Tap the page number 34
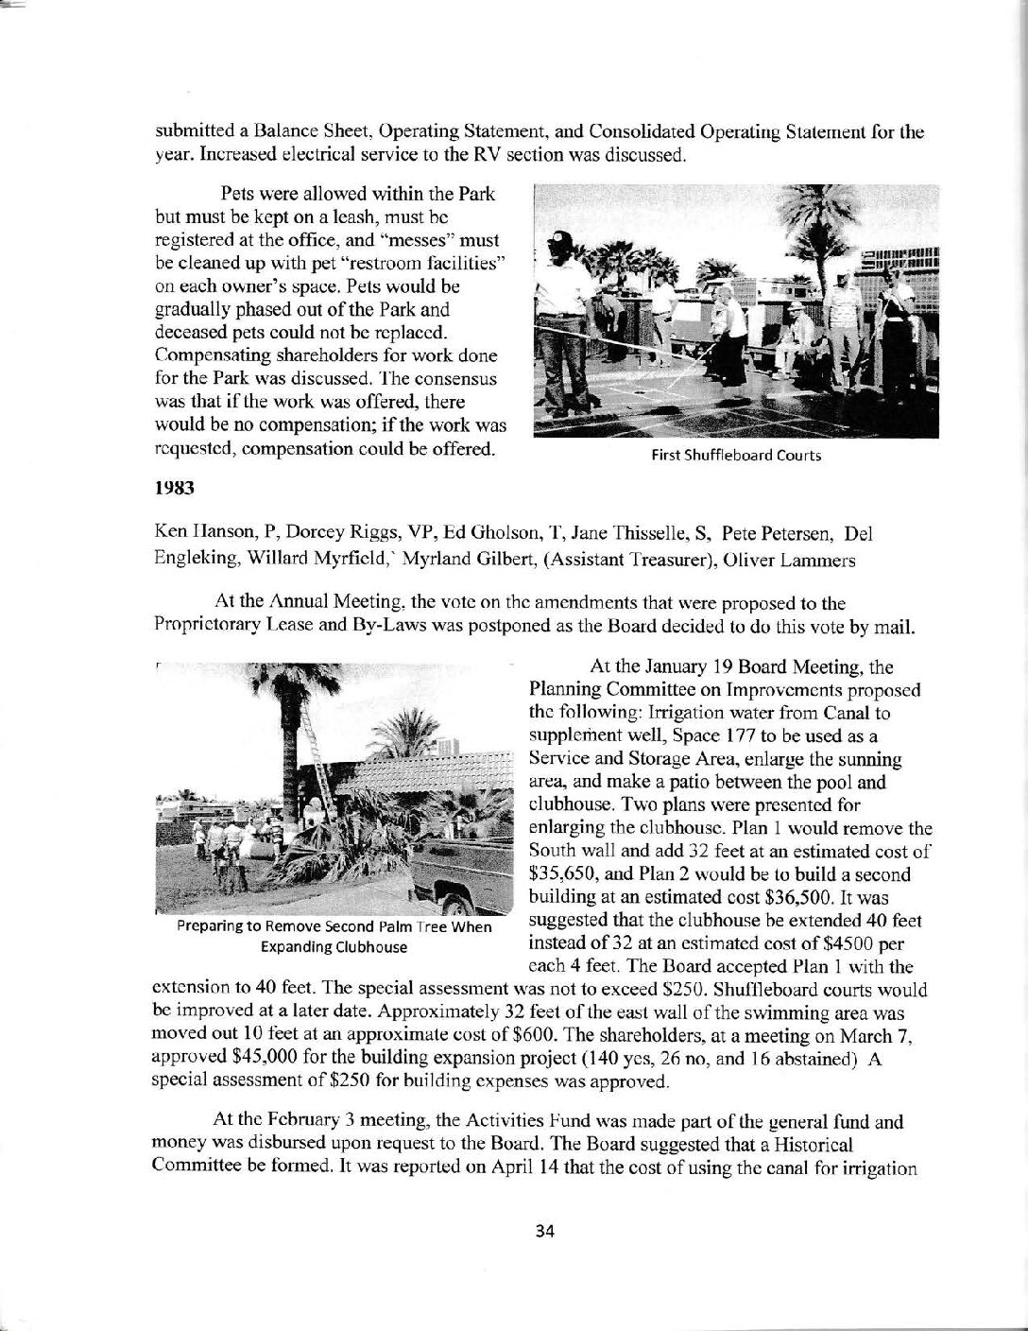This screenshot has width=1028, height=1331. pyautogui.click(x=542, y=1230)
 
